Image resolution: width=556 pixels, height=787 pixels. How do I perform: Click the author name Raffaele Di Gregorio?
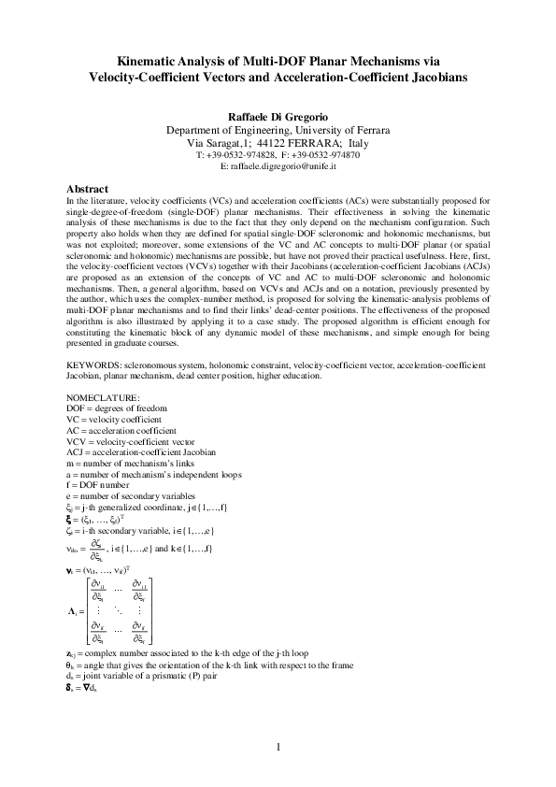[x=278, y=116]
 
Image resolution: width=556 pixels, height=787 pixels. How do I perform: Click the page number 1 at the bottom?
[x=278, y=747]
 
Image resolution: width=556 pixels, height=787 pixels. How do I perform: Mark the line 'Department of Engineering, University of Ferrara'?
[x=278, y=129]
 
